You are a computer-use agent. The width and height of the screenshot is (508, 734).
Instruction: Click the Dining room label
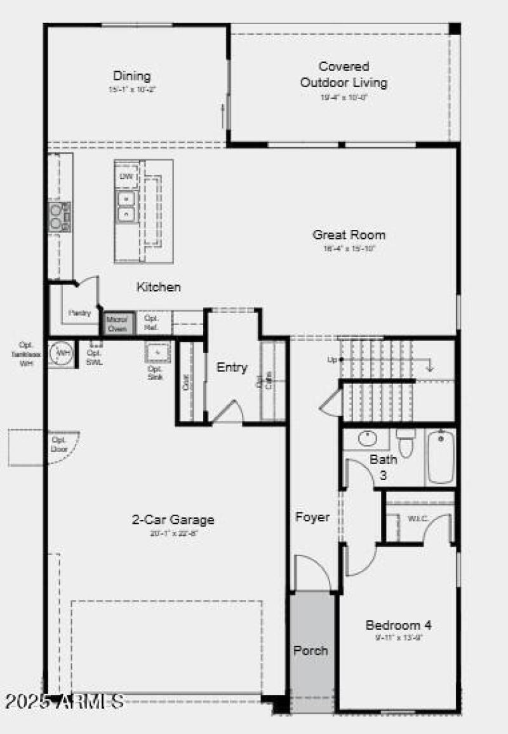click(132, 76)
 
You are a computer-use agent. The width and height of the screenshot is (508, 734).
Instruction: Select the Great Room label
click(349, 235)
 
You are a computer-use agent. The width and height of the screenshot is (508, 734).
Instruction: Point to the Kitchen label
click(159, 287)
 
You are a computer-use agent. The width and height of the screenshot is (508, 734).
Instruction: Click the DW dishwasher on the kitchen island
click(126, 177)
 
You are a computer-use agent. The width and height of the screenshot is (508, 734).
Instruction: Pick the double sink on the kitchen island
click(126, 206)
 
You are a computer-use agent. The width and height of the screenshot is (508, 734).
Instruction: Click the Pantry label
click(80, 312)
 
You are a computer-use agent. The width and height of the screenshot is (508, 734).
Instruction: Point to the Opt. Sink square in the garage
click(156, 352)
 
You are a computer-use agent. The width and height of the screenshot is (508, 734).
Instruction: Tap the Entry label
click(232, 368)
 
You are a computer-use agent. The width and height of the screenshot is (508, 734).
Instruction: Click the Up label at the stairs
click(331, 359)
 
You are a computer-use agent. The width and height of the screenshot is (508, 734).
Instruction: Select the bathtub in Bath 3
click(440, 457)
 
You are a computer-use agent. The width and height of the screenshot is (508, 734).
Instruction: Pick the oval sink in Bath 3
click(366, 438)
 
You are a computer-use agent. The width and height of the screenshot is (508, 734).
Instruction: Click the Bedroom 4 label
click(398, 625)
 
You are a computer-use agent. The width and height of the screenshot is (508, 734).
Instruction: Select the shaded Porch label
click(311, 650)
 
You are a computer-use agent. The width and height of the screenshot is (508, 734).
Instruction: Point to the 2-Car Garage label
click(173, 519)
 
